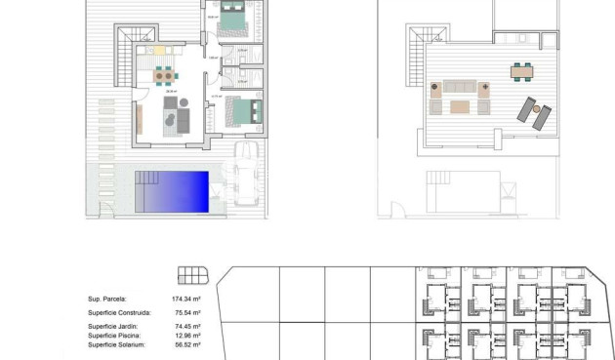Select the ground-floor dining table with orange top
click(167, 74)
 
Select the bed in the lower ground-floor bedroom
click(240, 110)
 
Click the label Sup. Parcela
click(106, 300)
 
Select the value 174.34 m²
click(186, 300)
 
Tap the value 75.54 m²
click(186, 313)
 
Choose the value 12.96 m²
click(186, 336)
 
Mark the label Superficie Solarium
click(117, 344)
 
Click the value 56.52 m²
click(186, 344)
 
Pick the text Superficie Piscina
click(114, 336)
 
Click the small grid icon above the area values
click(193, 275)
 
